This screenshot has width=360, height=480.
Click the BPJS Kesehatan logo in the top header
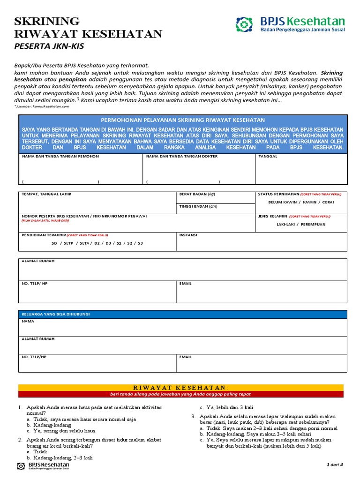coord(290,24)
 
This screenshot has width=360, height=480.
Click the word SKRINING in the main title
coord(47,21)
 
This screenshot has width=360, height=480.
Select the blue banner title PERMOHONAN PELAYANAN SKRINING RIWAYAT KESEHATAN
coord(183,120)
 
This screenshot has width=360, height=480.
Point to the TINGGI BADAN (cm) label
coord(198,206)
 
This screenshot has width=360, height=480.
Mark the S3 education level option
coord(140,243)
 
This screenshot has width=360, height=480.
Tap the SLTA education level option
coord(84,243)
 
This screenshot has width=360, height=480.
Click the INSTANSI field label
coord(188,234)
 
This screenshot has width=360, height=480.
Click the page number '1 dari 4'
coord(335,465)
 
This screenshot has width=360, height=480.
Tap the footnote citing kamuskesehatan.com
coord(42,106)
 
